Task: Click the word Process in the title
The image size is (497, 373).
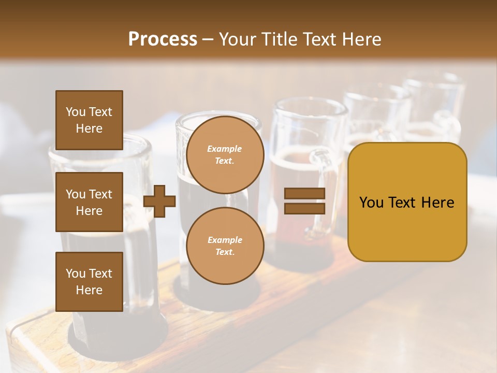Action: coord(163,39)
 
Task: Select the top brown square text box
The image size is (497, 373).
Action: coord(89,120)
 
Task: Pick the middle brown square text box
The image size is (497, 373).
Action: coord(89,202)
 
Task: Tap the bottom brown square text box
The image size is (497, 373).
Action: coord(89,282)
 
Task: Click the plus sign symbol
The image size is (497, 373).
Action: coord(159,201)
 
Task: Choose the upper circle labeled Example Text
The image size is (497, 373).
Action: coord(225,155)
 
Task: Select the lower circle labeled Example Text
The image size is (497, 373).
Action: coord(225,246)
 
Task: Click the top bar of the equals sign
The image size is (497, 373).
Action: coord(304,194)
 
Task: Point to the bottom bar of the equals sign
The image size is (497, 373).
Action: coord(304,208)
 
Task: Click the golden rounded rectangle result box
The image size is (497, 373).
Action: coord(407,202)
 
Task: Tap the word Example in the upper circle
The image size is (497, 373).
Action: coord(225,149)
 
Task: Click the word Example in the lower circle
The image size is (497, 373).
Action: coord(225,240)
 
